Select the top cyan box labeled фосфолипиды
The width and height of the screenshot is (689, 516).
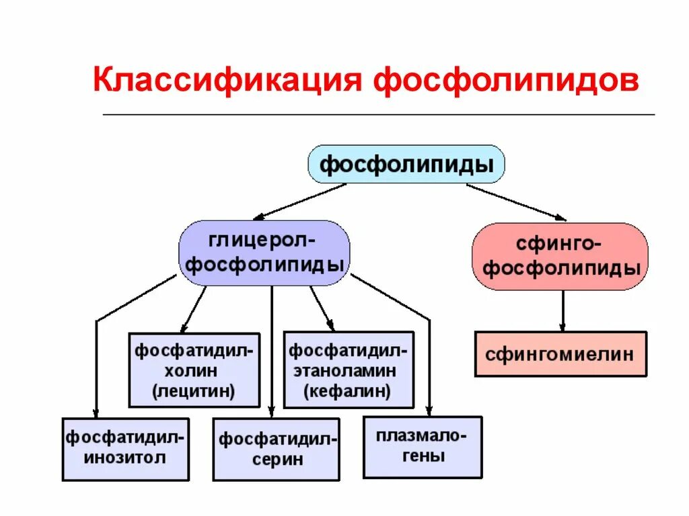pos(406,164)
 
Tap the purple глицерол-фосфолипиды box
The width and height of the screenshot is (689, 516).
pos(264,253)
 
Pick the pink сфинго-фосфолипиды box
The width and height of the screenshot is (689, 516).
pos(560,257)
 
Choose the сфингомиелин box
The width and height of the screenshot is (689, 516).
pos(560,353)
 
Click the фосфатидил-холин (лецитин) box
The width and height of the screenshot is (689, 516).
pos(194,370)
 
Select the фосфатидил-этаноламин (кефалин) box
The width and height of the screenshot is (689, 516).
pos(348,370)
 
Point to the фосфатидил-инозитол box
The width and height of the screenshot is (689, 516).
pos(125,449)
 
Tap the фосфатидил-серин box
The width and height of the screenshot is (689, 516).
pos(276,449)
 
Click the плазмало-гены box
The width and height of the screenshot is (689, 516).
pos(422,447)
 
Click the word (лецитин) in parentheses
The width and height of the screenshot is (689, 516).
pos(194,391)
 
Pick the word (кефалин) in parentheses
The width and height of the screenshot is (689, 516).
pos(348,391)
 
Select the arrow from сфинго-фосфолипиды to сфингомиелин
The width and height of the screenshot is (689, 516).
pos(563,310)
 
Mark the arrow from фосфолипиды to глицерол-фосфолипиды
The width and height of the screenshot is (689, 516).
pos(299,202)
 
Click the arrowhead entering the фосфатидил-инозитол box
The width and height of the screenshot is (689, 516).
pos(96,413)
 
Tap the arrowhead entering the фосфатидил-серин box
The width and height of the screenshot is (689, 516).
pos(271,413)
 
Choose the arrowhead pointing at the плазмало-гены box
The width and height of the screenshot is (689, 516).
pos(429,411)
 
